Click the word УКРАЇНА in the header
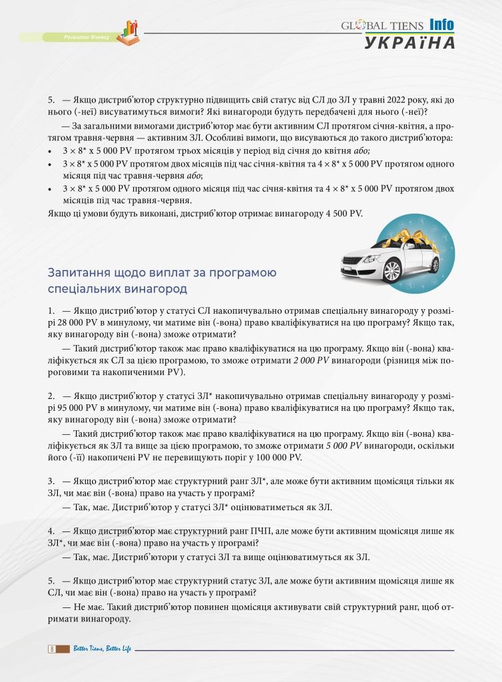point(409,43)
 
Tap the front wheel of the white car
point(393,271)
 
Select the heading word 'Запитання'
point(75,273)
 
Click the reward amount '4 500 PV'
point(344,212)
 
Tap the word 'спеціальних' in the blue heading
point(85,289)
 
